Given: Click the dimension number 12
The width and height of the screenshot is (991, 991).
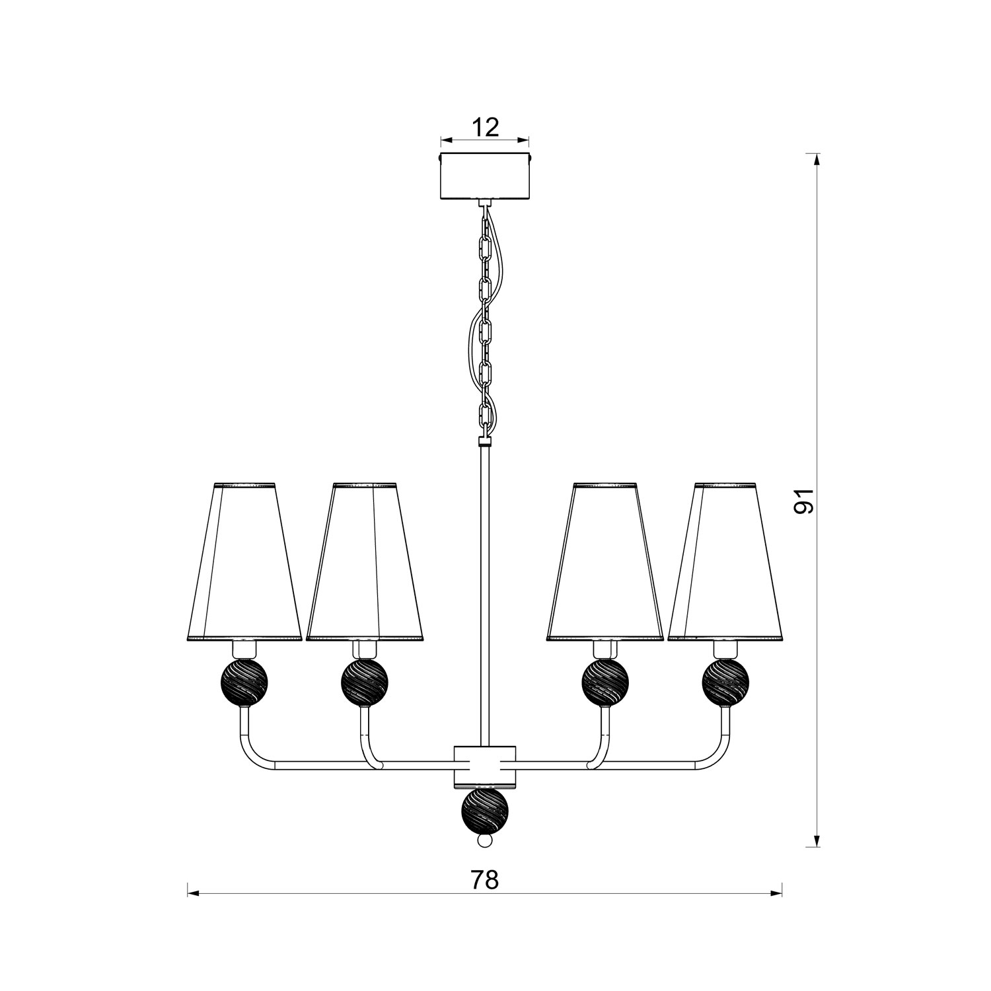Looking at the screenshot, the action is tap(486, 127).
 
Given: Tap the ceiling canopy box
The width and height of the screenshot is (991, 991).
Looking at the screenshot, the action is tap(486, 176).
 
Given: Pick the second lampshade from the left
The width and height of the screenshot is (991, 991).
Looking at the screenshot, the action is tap(365, 562).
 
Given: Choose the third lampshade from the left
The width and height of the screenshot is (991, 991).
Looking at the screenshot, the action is tap(605, 562).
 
